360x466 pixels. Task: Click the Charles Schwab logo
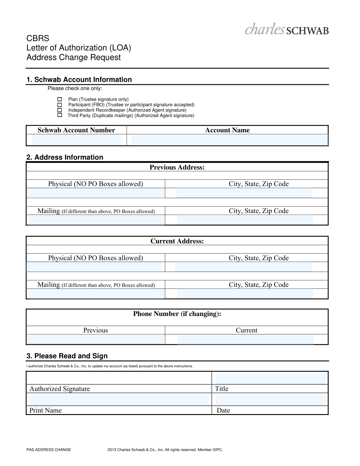(286, 29)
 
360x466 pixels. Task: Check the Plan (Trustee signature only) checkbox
(60, 99)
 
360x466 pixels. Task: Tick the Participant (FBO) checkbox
(60, 105)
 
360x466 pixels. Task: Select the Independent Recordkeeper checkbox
(60, 110)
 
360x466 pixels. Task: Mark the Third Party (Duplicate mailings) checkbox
(60, 115)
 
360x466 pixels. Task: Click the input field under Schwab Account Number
(76, 140)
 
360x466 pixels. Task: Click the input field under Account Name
(229, 140)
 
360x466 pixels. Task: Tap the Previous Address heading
(177, 167)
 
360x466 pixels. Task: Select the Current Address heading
(177, 241)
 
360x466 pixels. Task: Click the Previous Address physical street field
(96, 193)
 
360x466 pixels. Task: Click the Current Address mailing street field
(96, 294)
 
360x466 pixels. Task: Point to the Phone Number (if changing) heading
(177, 314)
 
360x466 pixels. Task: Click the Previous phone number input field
(96, 339)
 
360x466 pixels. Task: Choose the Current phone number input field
(245, 339)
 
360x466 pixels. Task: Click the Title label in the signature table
(222, 389)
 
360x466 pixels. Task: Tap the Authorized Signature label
(60, 389)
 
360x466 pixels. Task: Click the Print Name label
(46, 410)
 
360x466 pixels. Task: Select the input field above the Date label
(270, 400)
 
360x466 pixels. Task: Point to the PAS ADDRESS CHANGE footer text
(49, 450)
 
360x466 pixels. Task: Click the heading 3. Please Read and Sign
(67, 356)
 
